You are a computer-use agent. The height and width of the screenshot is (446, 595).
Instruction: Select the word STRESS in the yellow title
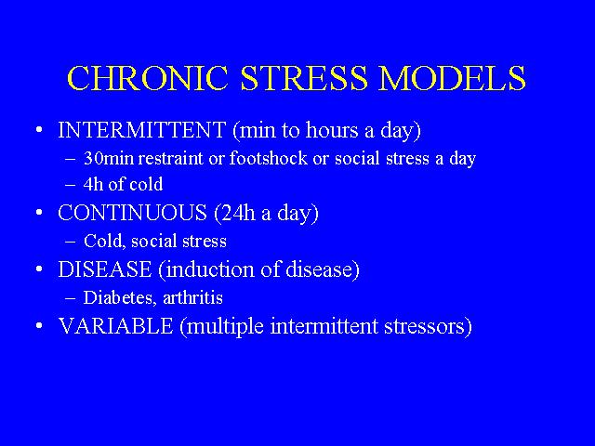point(304,78)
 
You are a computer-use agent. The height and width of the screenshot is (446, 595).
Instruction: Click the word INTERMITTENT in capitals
point(142,130)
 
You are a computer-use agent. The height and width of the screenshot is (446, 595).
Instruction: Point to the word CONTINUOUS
point(132,213)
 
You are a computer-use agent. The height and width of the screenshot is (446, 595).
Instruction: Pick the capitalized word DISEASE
point(105,269)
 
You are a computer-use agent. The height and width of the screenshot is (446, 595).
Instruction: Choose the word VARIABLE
point(115,326)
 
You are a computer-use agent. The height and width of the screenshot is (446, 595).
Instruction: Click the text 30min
point(109,158)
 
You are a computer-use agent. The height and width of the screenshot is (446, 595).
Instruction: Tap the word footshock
point(269,158)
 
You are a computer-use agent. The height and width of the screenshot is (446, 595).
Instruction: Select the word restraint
point(170,159)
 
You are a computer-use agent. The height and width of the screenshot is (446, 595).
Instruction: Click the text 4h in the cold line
point(93,184)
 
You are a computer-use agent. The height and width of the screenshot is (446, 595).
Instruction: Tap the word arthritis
point(192,297)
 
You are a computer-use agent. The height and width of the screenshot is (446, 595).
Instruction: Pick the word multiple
point(221,327)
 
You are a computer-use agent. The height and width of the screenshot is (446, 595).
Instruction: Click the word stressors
point(428,327)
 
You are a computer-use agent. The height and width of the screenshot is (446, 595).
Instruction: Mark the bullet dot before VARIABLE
point(39,326)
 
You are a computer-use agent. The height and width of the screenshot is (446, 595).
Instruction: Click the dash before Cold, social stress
point(71,242)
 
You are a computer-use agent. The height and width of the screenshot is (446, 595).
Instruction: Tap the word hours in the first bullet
point(332,130)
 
